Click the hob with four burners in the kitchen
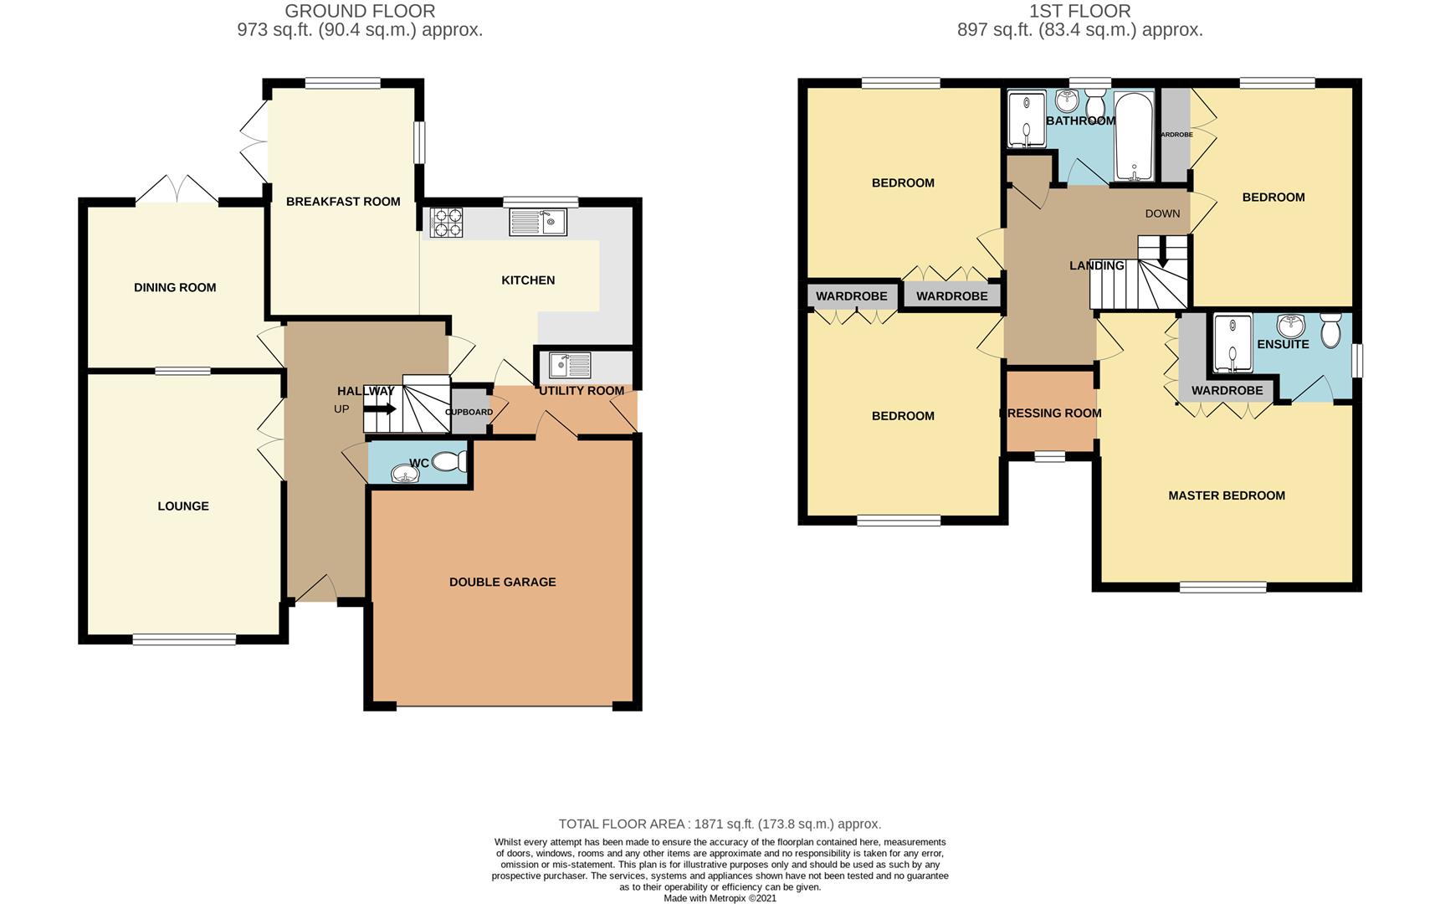(447, 223)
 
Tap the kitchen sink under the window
(538, 222)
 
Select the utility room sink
(570, 366)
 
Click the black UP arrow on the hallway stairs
(381, 409)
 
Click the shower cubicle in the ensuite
(1232, 342)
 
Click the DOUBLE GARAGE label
(502, 582)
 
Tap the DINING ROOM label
(175, 287)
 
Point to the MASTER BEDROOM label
(1227, 496)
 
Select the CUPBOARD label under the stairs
(469, 412)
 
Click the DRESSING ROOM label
(1051, 413)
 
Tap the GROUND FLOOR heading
(360, 11)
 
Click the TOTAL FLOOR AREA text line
(720, 824)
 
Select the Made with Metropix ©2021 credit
(720, 898)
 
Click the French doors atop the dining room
(177, 190)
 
